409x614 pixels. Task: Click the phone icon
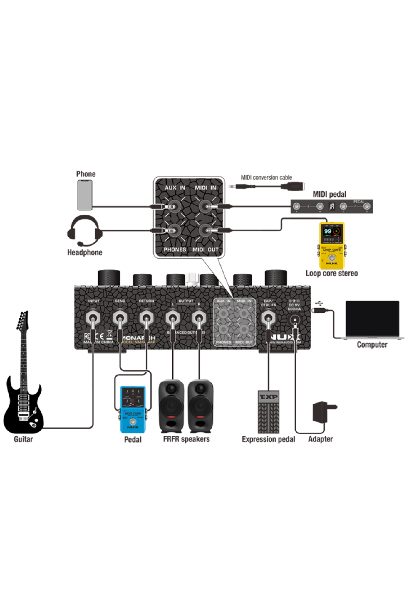(x=85, y=195)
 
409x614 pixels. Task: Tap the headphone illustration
(x=85, y=231)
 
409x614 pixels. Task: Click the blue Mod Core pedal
(x=133, y=409)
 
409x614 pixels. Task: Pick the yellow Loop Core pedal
(x=332, y=246)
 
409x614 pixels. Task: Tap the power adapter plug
(x=323, y=412)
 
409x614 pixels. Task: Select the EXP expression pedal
(x=268, y=411)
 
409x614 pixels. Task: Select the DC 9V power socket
(x=295, y=320)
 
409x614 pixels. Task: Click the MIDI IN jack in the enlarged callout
(x=205, y=206)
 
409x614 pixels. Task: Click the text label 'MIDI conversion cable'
(x=266, y=178)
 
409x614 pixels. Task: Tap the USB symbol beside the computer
(x=319, y=303)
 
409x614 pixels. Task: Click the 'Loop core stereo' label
(x=331, y=273)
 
